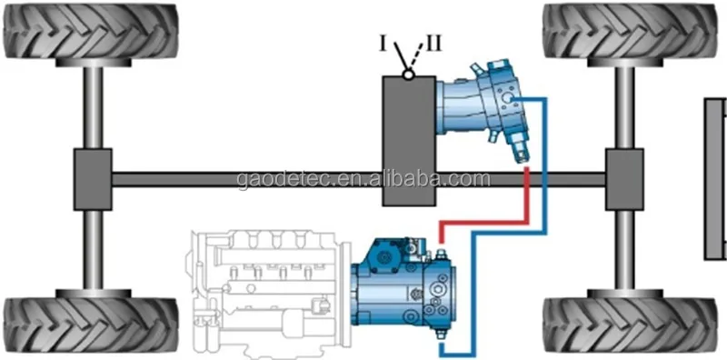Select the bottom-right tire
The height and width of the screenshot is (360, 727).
pyautogui.click(x=627, y=326)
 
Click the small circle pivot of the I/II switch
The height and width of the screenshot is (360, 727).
pyautogui.click(x=410, y=76)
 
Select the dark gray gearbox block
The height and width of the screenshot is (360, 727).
pyautogui.click(x=409, y=141)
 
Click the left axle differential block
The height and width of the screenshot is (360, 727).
pyautogui.click(x=92, y=175)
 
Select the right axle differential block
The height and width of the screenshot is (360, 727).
pyautogui.click(x=625, y=175)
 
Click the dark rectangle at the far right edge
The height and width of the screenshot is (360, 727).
pyautogui.click(x=715, y=176)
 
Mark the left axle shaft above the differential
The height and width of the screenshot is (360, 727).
pyautogui.click(x=92, y=109)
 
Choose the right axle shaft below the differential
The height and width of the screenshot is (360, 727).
pyautogui.click(x=625, y=245)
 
